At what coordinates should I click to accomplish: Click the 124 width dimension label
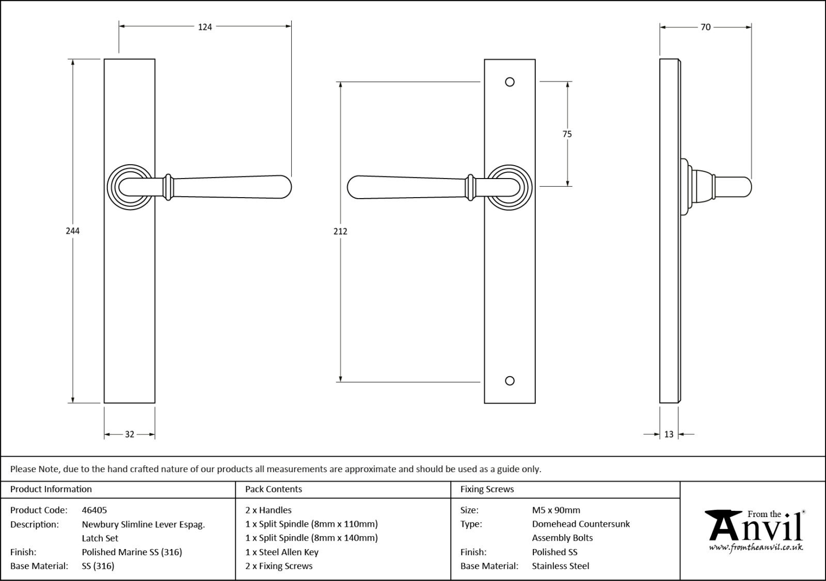pos(205,27)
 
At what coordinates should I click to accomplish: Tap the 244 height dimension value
pos(73,231)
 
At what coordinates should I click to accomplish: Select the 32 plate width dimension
pos(130,434)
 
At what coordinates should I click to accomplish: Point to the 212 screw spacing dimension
pos(340,231)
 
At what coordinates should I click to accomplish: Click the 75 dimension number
pos(567,134)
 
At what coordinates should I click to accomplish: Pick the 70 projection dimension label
pos(705,27)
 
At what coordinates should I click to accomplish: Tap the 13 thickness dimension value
pos(669,434)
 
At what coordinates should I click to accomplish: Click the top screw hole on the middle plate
pos(510,82)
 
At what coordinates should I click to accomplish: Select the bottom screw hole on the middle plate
pos(510,381)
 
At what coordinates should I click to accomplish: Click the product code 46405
pos(94,510)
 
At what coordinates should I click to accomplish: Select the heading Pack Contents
pos(274,489)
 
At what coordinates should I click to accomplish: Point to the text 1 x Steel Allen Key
pos(282,552)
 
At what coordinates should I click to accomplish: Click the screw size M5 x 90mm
pos(556,510)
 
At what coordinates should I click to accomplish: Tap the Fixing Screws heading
pos(487,489)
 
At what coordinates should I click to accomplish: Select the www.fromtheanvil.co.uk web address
pos(756,547)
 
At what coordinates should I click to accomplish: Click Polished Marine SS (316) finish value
pos(132,552)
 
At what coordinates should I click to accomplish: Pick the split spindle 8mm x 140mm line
pos(311,538)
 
